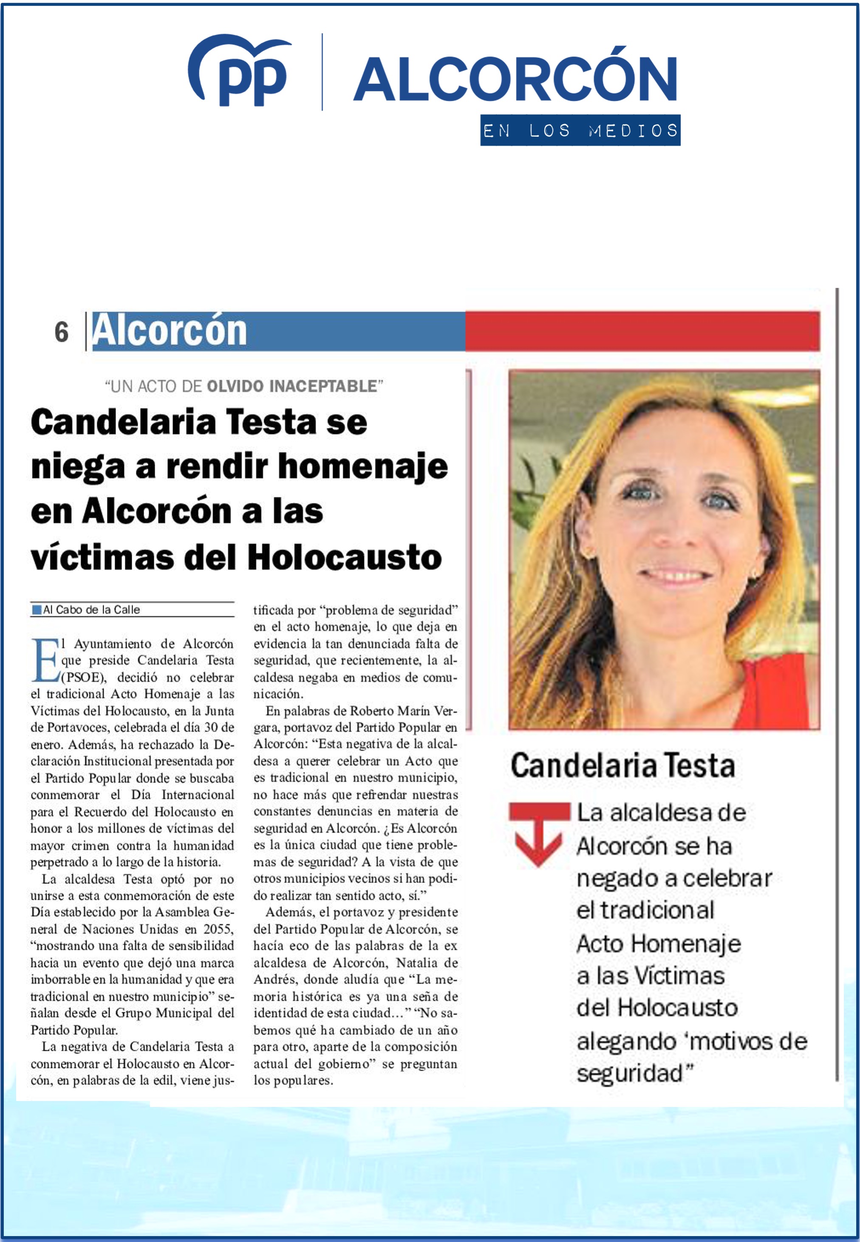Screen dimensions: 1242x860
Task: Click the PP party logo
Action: coord(240,70)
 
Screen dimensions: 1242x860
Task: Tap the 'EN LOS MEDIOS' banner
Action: coord(580,130)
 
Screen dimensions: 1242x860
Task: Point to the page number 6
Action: coord(62,332)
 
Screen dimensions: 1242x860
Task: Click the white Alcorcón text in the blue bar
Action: coord(169,331)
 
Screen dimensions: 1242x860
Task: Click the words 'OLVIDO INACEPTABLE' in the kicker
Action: coord(291,386)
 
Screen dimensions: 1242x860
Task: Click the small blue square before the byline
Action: coord(37,610)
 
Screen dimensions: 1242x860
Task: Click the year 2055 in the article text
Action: coord(218,929)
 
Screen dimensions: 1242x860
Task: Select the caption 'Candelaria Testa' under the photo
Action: coord(622,766)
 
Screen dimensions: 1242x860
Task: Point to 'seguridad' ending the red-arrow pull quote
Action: coord(629,1073)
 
